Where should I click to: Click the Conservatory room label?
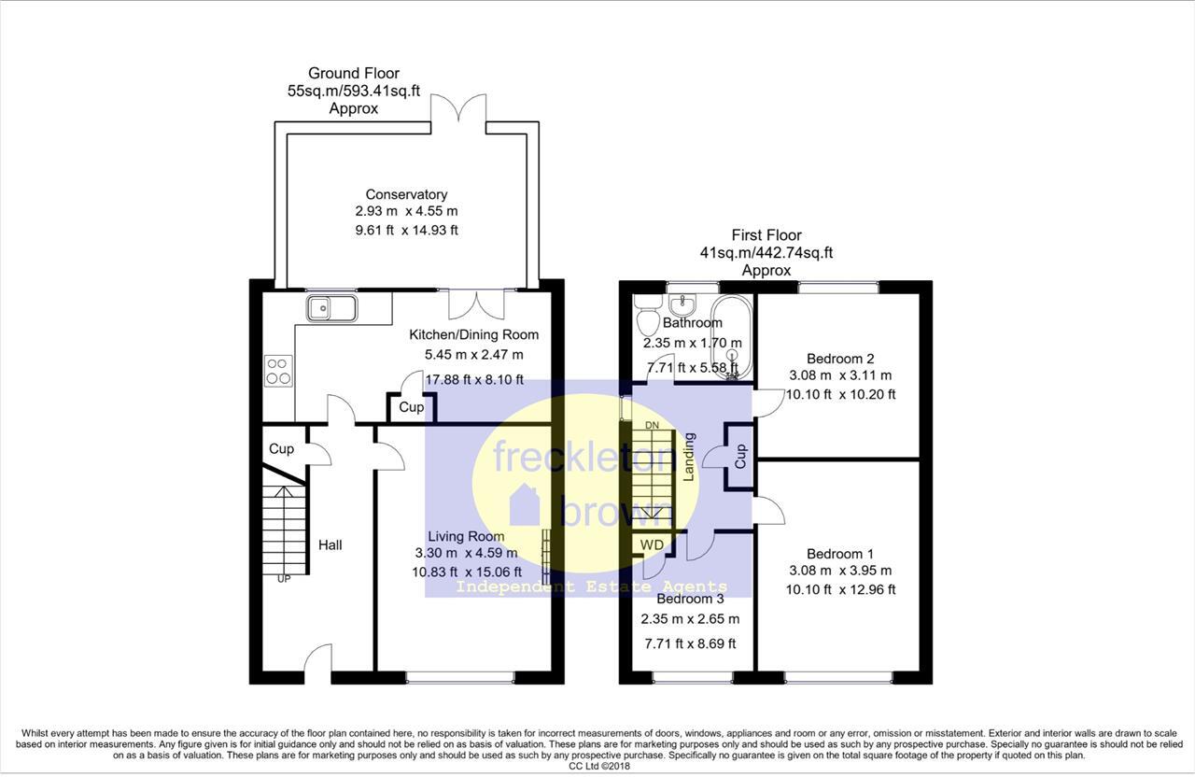pos(406,194)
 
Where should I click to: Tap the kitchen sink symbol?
pos(331,306)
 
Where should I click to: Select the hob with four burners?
pos(278,370)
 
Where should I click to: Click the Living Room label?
pos(466,536)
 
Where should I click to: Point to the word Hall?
pos(330,544)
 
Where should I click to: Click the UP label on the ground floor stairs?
pos(283,579)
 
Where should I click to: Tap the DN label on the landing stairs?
pos(653,426)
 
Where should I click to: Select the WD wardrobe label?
pos(652,544)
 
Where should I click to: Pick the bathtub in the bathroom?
pos(732,336)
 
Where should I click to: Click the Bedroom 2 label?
pos(840,359)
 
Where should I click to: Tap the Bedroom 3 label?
pos(690,599)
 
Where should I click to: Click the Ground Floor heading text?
pos(354,73)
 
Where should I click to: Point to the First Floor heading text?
pos(766,235)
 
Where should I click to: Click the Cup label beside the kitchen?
pos(411,407)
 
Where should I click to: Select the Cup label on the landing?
pos(740,456)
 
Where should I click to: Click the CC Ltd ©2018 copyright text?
pos(597,766)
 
